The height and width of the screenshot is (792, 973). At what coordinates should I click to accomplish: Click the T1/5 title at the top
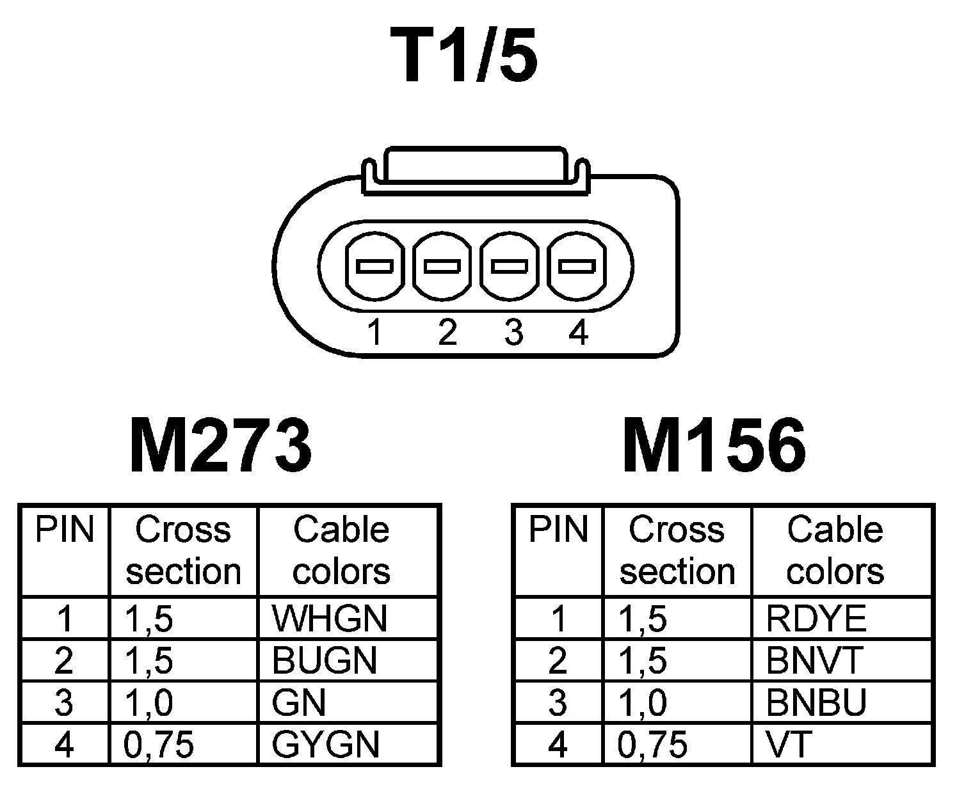[465, 56]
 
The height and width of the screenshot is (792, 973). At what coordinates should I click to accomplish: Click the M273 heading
[221, 446]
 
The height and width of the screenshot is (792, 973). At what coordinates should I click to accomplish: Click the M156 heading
[714, 446]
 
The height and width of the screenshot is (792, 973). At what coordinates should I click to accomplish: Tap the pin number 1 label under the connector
[375, 333]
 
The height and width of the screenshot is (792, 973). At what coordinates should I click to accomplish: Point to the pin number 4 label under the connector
[578, 333]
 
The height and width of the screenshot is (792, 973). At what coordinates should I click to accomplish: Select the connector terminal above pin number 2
[442, 266]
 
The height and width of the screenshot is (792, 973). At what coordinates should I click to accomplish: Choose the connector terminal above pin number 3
[510, 266]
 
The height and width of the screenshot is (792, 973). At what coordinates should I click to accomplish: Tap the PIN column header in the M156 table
[558, 530]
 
